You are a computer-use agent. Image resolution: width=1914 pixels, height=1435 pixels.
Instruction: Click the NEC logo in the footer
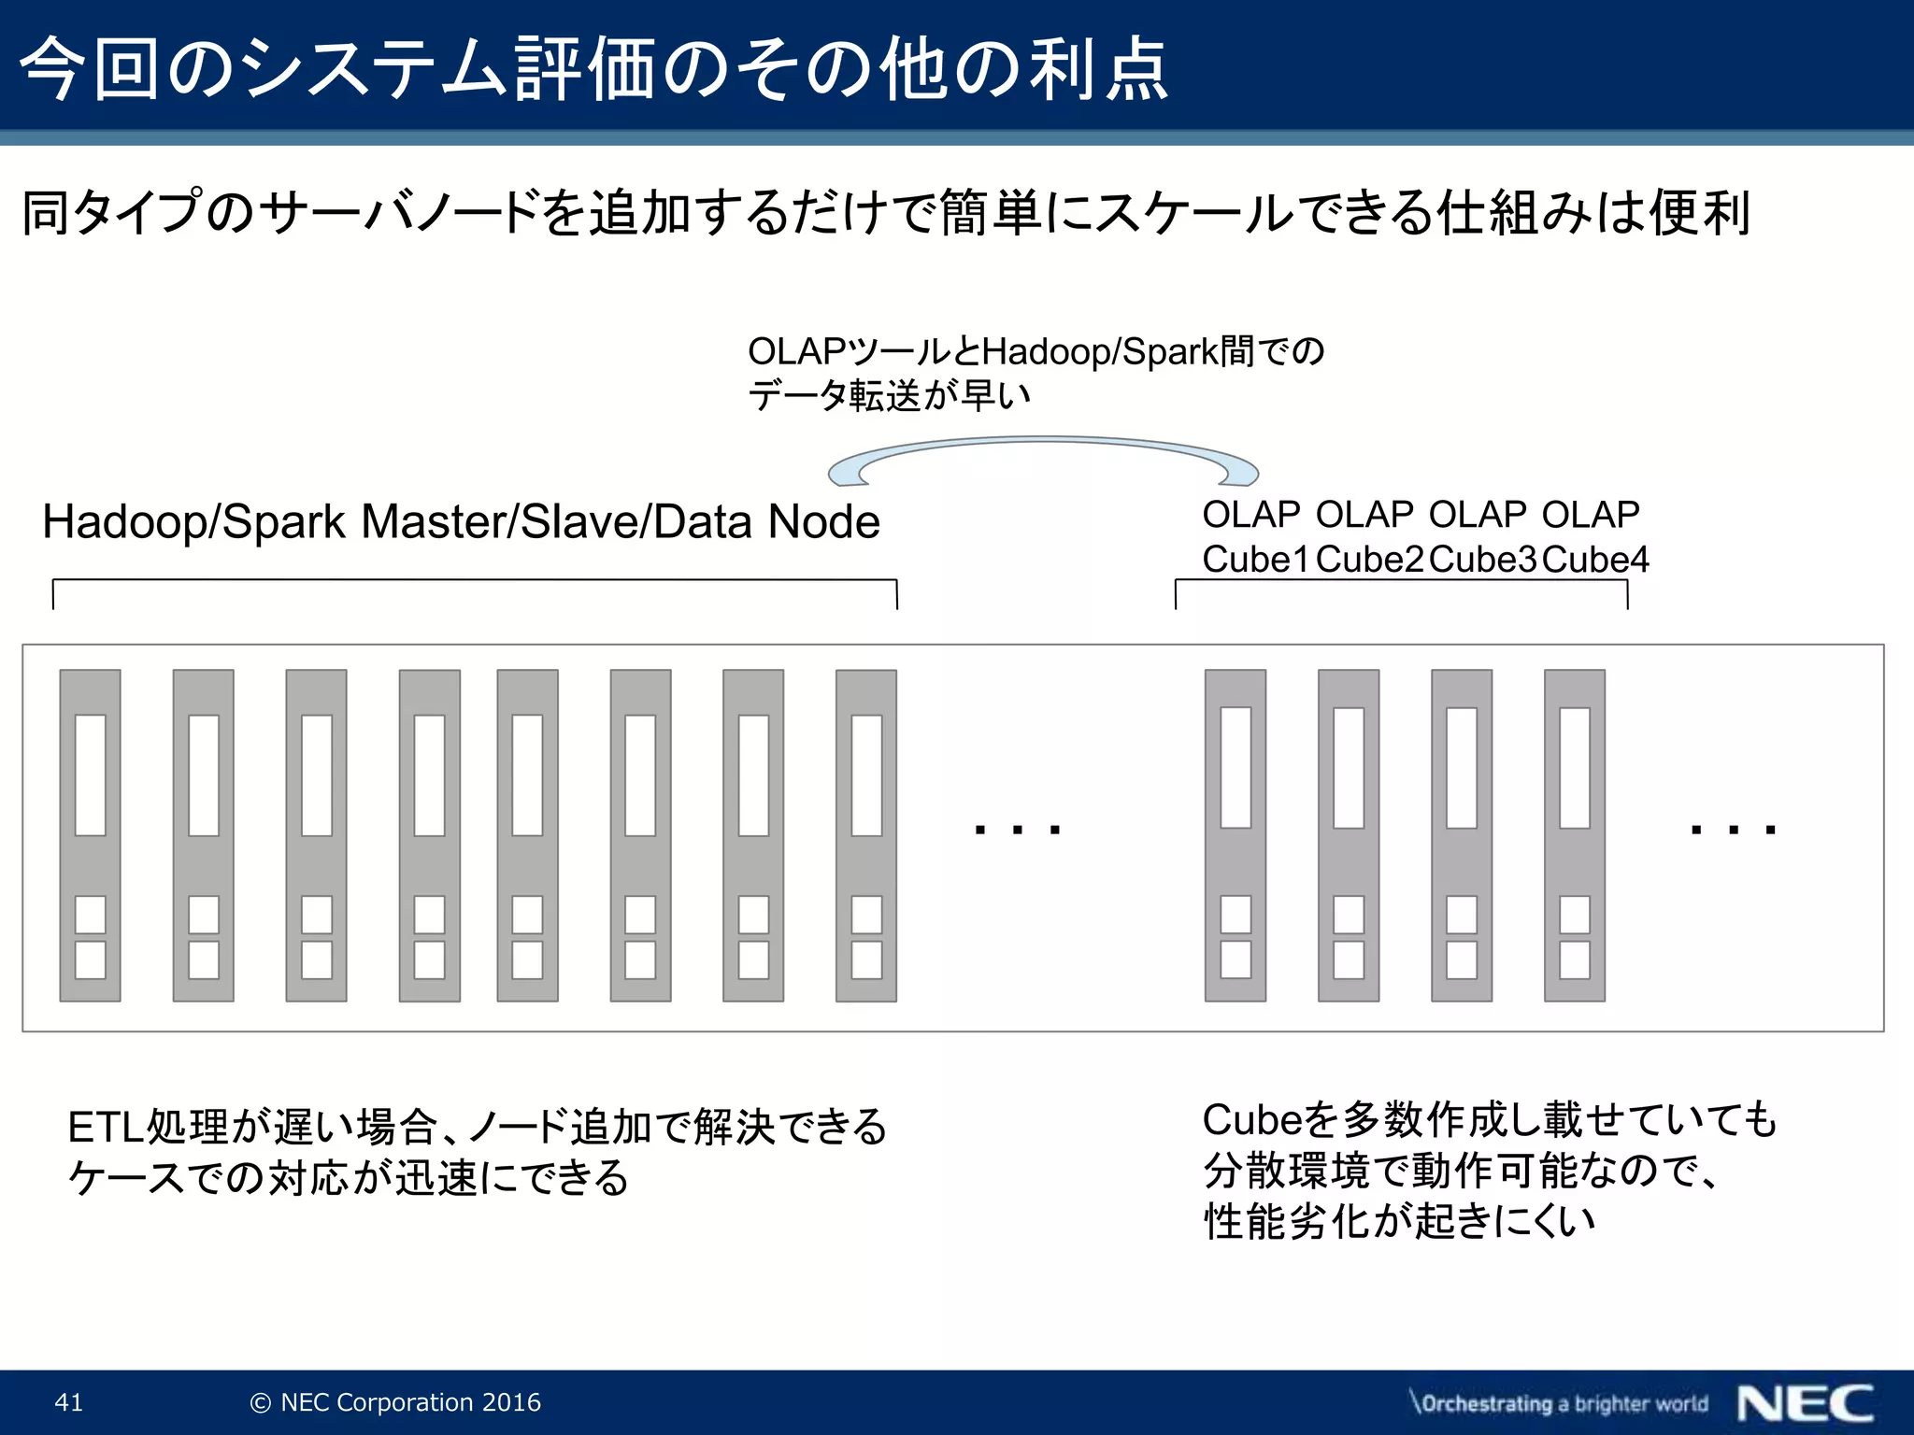pyautogui.click(x=1805, y=1403)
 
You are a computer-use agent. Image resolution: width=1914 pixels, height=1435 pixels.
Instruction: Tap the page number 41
pyautogui.click(x=69, y=1402)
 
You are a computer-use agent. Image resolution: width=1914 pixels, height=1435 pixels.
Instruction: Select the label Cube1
pyautogui.click(x=1256, y=560)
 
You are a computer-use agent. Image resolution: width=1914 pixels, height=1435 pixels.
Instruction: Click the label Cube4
pyautogui.click(x=1595, y=560)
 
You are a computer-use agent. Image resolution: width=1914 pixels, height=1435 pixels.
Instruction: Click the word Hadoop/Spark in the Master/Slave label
pyautogui.click(x=193, y=521)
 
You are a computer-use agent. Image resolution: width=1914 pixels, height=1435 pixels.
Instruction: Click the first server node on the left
pyautogui.click(x=90, y=835)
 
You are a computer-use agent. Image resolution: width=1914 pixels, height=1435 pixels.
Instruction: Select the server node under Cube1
pyautogui.click(x=1236, y=835)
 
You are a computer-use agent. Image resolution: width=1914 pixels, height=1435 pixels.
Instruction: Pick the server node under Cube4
pyautogui.click(x=1575, y=835)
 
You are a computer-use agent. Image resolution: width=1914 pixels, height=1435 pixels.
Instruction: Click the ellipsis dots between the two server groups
pyautogui.click(x=1017, y=829)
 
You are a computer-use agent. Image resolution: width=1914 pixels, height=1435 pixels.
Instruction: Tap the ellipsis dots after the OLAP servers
pyautogui.click(x=1733, y=829)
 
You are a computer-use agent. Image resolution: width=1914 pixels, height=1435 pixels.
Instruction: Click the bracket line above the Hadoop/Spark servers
pyautogui.click(x=475, y=581)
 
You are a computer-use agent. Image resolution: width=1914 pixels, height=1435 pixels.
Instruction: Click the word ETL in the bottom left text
pyautogui.click(x=106, y=1128)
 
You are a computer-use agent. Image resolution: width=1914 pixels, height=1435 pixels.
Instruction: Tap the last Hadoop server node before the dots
pyautogui.click(x=866, y=835)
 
